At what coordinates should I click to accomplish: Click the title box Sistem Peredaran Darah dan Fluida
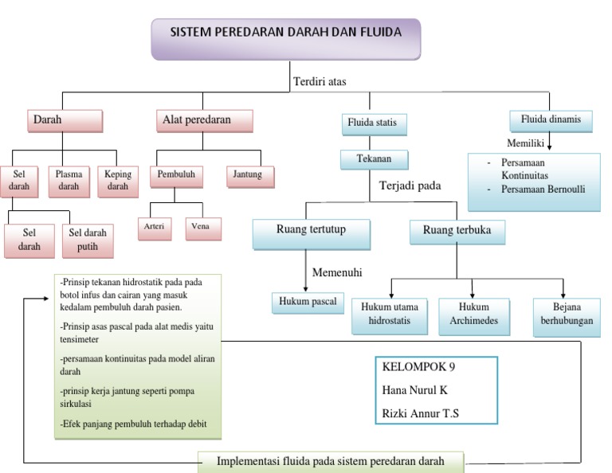(285, 38)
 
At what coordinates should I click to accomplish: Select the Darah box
(65, 120)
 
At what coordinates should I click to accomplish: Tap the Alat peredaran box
(203, 120)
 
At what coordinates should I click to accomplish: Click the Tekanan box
(375, 159)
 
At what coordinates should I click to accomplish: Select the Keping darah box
(117, 180)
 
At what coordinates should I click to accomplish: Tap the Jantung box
(249, 175)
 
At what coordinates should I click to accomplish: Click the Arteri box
(154, 227)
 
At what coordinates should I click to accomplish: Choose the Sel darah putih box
(88, 240)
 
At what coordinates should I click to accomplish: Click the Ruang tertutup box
(312, 233)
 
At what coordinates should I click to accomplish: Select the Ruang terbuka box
(457, 232)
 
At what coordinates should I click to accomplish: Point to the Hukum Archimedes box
(473, 315)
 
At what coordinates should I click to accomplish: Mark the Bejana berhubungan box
(567, 315)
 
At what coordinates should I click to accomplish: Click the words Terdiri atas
(320, 81)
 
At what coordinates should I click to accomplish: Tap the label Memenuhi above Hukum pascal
(336, 272)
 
